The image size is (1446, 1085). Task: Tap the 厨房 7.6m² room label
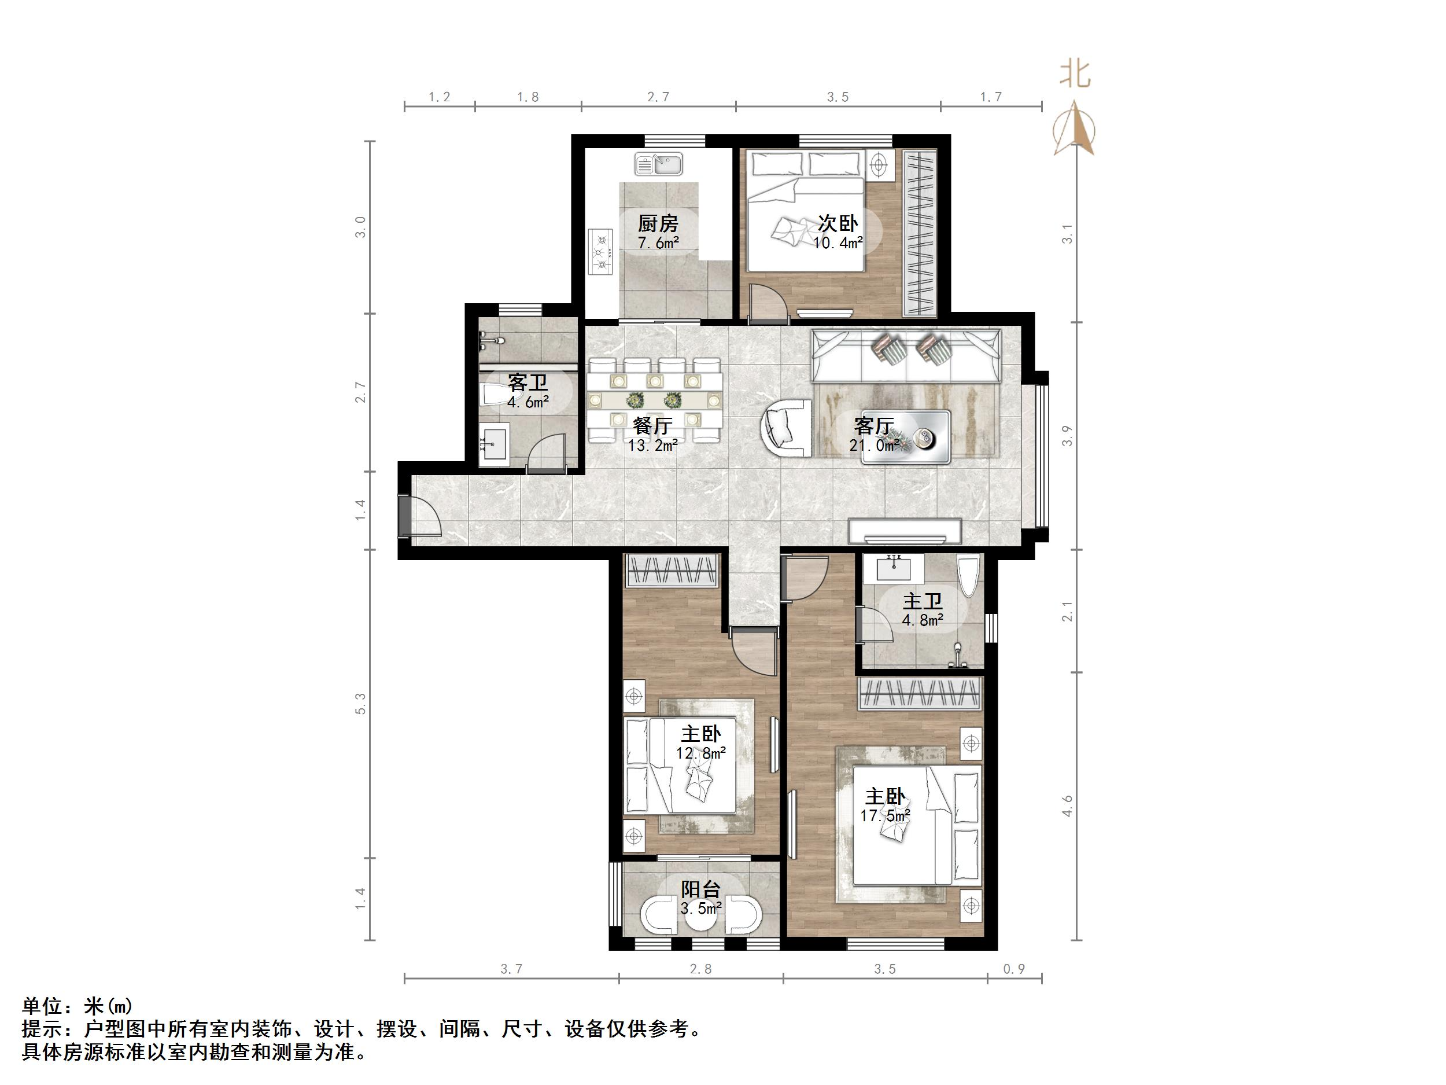(x=658, y=232)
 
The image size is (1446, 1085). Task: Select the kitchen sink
(x=659, y=164)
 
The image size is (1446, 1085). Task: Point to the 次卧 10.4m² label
(x=838, y=232)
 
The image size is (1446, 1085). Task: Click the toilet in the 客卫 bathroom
(x=492, y=395)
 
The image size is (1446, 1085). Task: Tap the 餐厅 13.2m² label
(x=652, y=435)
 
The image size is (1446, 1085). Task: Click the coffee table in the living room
(x=905, y=437)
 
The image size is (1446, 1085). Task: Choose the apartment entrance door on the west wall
(x=418, y=517)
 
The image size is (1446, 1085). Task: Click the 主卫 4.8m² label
(x=923, y=609)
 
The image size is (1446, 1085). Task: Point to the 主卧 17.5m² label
(x=885, y=805)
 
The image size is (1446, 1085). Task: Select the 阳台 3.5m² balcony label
(x=701, y=898)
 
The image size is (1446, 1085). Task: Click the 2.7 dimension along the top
(x=658, y=97)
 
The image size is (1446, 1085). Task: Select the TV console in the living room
(x=905, y=531)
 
